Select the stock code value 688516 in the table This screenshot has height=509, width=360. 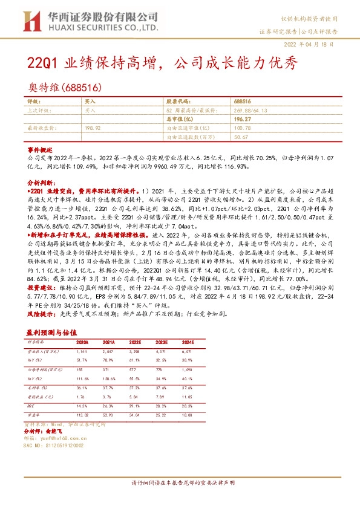242,103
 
